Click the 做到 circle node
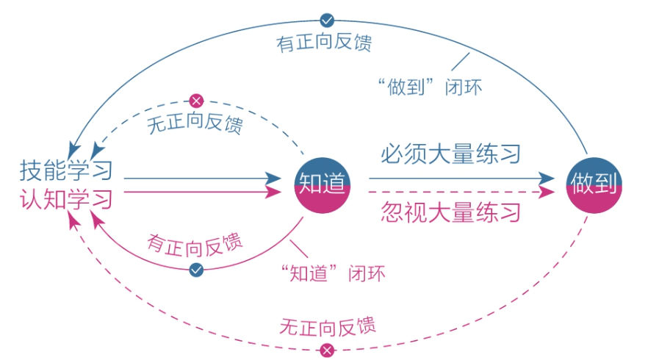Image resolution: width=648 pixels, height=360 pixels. click(x=594, y=183)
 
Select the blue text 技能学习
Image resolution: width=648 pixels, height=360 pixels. click(x=67, y=170)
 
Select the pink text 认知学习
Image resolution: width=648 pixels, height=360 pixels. click(x=67, y=198)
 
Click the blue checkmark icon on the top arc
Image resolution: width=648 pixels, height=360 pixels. click(x=328, y=20)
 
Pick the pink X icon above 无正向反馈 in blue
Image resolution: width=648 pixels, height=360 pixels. click(x=196, y=101)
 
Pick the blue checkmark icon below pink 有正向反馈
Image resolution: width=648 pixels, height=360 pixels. click(x=196, y=270)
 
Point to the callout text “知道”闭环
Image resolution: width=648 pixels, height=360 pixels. click(x=334, y=273)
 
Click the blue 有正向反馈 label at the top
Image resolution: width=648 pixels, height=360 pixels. click(x=324, y=43)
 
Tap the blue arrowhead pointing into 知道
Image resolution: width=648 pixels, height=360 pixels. click(x=275, y=179)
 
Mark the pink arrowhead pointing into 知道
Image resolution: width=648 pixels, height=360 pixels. click(x=275, y=193)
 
